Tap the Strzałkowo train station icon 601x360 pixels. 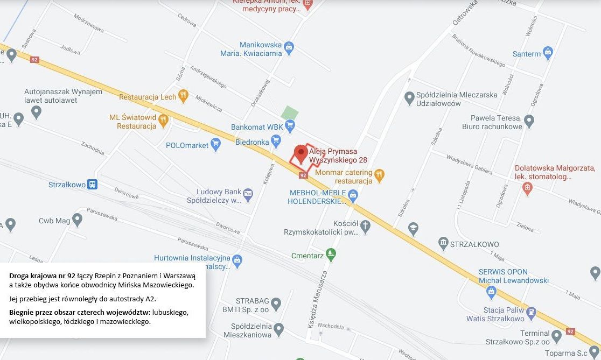pyautogui.click(x=93, y=185)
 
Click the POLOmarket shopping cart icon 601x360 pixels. pyautogui.click(x=216, y=144)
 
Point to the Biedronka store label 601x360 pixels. pyautogui.click(x=251, y=142)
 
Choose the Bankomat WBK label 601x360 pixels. pyautogui.click(x=256, y=127)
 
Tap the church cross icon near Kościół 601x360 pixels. pyautogui.click(x=365, y=227)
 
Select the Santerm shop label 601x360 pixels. pyautogui.click(x=527, y=54)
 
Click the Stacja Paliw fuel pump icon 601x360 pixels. pyautogui.click(x=531, y=312)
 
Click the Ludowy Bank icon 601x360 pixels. pyautogui.click(x=248, y=193)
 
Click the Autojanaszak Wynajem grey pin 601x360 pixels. pyautogui.click(x=37, y=112)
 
